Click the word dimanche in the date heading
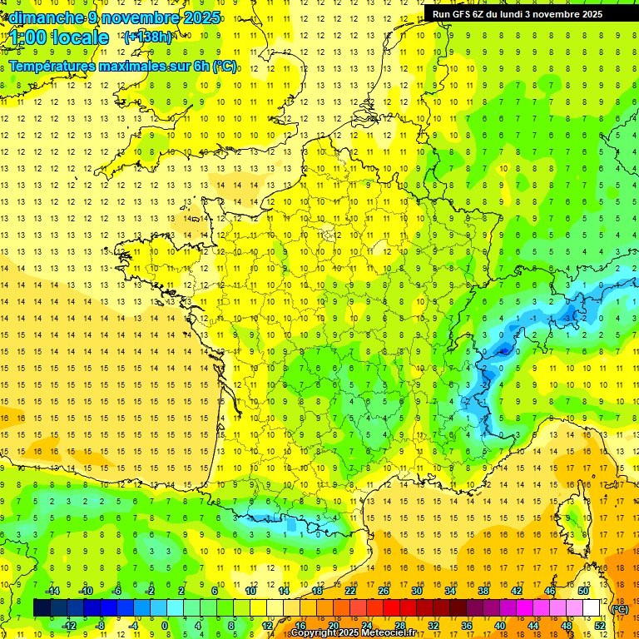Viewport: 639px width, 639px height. coord(45,17)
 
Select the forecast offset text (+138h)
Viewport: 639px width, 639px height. coord(147,37)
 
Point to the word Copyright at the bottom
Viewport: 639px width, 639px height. coord(315,633)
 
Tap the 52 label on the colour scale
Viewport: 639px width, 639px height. coord(599,626)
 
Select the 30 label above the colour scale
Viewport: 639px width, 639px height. coord(415,591)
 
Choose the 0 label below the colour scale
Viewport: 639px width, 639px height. coord(165,626)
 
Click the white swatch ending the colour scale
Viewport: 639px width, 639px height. coord(591,608)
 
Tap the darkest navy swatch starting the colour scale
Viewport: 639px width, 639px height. coord(42,608)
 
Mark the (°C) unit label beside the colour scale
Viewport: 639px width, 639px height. coord(619,609)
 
